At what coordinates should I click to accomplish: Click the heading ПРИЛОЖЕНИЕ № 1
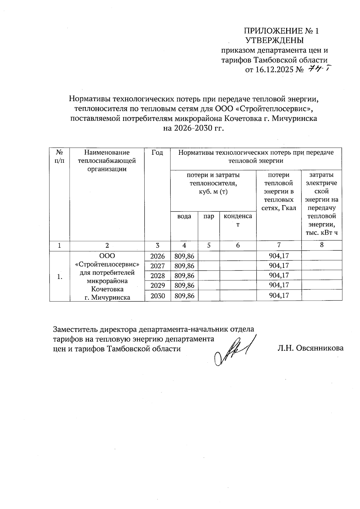281,31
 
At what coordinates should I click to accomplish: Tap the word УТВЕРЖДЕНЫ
274,40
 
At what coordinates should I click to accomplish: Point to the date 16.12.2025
274,70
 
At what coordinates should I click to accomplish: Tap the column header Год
157,153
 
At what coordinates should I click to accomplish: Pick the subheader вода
184,216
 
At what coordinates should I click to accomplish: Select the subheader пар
208,216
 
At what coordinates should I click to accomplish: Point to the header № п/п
59,157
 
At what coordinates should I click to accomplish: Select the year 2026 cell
157,256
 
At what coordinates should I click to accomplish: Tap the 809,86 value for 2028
184,276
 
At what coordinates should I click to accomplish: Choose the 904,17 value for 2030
279,296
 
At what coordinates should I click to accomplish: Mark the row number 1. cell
60,277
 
